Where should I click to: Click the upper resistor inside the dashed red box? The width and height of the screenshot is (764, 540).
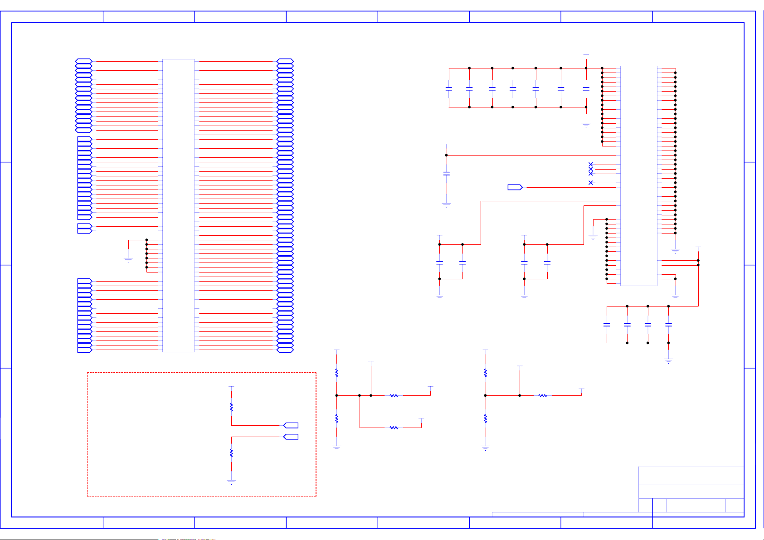231,407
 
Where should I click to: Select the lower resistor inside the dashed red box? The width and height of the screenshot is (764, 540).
231,452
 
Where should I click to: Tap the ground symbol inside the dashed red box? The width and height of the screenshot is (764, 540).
231,482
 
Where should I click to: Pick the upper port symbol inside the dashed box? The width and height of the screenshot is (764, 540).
291,425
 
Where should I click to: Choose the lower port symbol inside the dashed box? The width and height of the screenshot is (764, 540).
291,437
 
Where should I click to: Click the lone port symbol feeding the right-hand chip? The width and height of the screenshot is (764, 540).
515,187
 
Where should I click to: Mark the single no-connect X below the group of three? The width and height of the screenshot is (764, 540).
590,183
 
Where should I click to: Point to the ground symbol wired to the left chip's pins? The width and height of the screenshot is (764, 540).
128,260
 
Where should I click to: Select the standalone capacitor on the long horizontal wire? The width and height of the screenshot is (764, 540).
447,173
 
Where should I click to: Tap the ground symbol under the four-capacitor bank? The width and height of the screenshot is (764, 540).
668,361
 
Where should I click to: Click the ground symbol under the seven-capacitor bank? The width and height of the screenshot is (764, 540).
586,125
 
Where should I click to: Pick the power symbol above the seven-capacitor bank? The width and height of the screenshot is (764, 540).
586,55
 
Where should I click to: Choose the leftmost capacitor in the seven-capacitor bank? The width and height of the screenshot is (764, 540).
449,89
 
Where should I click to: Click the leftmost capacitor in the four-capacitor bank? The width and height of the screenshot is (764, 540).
607,325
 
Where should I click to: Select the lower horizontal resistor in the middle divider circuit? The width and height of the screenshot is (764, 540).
394,428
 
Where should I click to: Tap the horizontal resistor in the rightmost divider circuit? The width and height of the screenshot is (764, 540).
543,396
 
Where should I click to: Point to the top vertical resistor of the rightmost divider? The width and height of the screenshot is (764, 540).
485,373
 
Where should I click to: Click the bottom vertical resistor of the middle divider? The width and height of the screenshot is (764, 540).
336,418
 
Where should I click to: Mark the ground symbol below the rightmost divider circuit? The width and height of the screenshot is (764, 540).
485,448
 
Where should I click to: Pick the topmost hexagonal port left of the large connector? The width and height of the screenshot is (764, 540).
84,61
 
